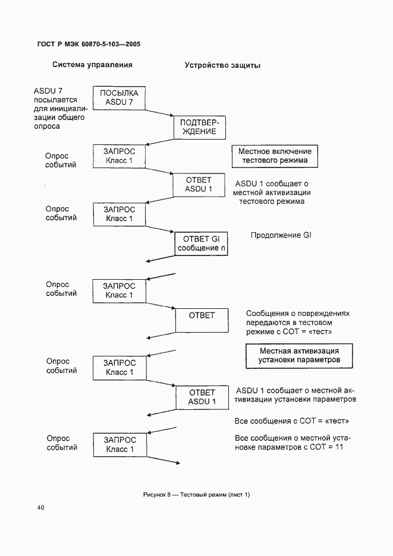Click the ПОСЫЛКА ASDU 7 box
[x=119, y=98]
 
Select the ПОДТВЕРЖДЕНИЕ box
[x=199, y=127]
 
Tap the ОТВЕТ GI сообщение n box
[x=201, y=244]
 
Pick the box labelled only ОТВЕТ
[x=202, y=320]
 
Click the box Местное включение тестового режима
[x=273, y=156]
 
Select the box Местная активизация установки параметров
[x=299, y=355]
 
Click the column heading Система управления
[x=92, y=65]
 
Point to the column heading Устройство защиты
[x=222, y=65]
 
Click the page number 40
[x=40, y=507]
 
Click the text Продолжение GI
[x=281, y=235]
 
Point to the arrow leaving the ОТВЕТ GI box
[x=161, y=257]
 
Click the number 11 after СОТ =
[x=339, y=447]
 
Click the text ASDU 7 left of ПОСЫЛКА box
[x=48, y=91]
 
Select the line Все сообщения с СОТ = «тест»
[x=291, y=421]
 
